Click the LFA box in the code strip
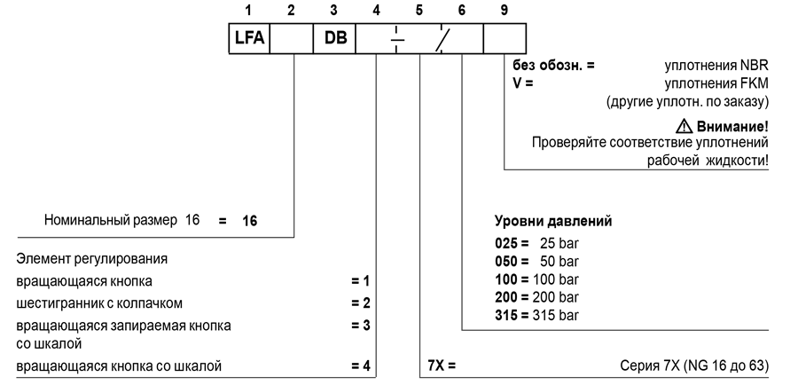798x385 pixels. pyautogui.click(x=249, y=37)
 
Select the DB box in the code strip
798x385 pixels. pyautogui.click(x=334, y=37)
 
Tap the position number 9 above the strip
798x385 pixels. pyautogui.click(x=504, y=10)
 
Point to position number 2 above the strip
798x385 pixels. pyautogui.click(x=291, y=10)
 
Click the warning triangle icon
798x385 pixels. pyautogui.click(x=684, y=125)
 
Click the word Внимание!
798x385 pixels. pyautogui.click(x=732, y=126)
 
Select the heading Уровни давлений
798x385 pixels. pyautogui.click(x=553, y=221)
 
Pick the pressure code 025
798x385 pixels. pyautogui.click(x=507, y=243)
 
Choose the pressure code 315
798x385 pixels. pyautogui.click(x=507, y=315)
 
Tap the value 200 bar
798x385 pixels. pyautogui.click(x=556, y=297)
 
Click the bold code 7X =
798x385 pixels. pyautogui.click(x=442, y=365)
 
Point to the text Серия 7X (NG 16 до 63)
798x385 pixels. pyautogui.click(x=694, y=365)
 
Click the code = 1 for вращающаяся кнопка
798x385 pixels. pyautogui.click(x=360, y=281)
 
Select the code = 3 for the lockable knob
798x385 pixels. pyautogui.click(x=360, y=326)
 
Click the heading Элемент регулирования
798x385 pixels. pyautogui.click(x=91, y=259)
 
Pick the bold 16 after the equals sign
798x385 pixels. pyautogui.click(x=249, y=221)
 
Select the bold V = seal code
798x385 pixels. pyautogui.click(x=522, y=82)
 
